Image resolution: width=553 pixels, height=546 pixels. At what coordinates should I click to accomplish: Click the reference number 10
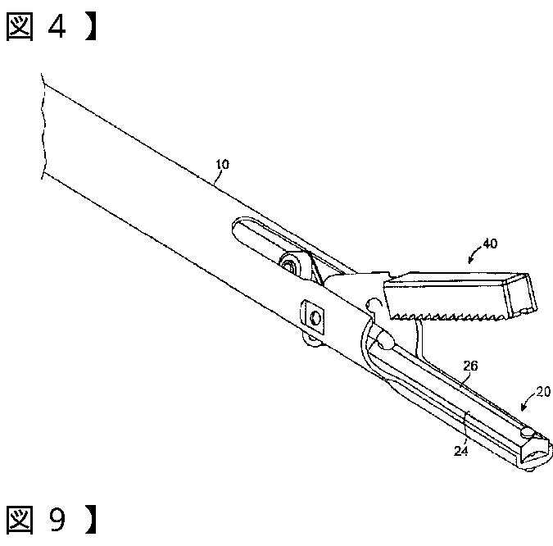(222, 164)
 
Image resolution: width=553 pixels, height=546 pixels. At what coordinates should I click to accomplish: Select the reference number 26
(470, 366)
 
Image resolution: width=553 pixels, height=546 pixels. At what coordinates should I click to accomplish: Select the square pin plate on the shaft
(314, 313)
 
